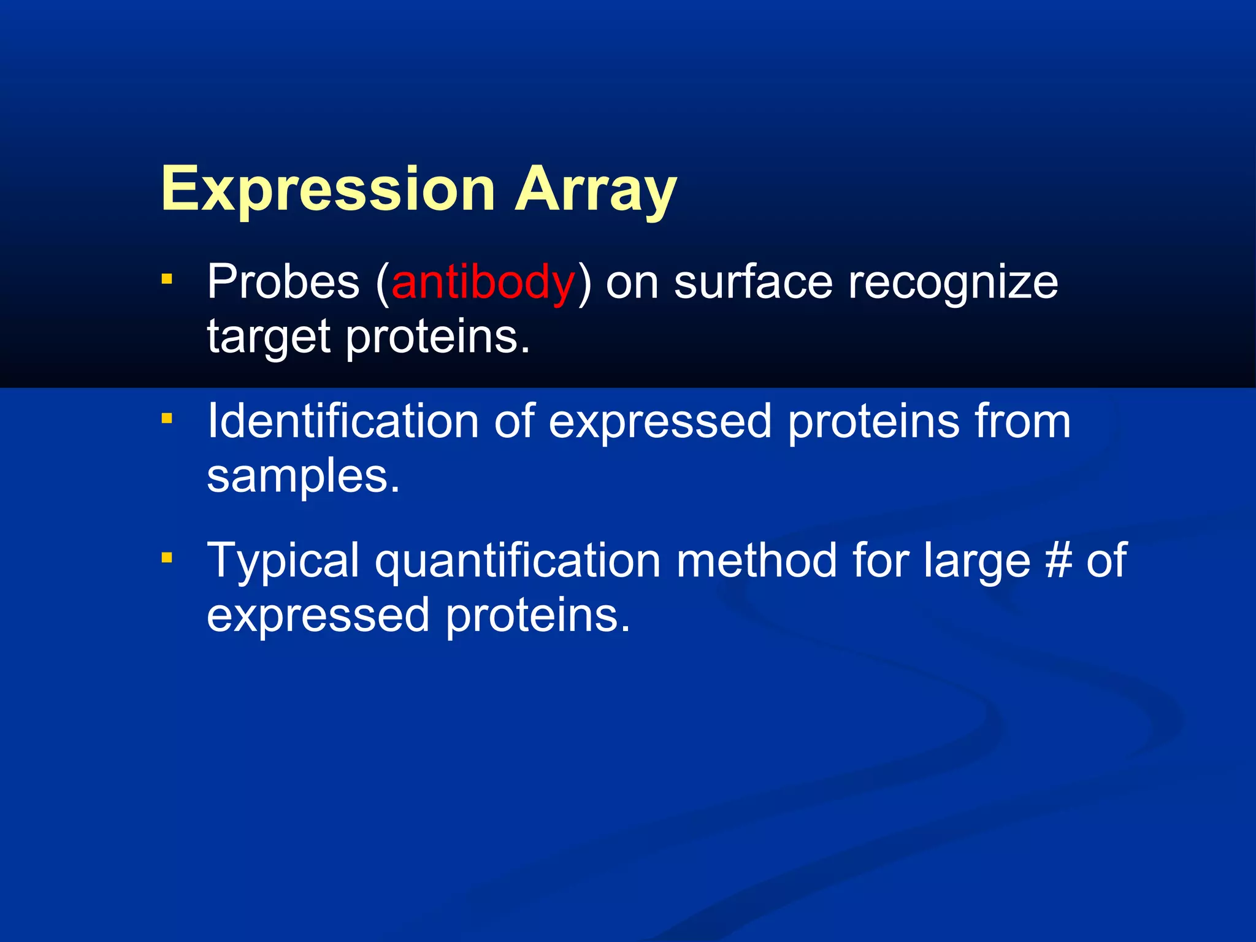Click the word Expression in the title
click(x=327, y=190)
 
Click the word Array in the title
click(x=595, y=190)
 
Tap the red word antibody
click(x=483, y=283)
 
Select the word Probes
click(x=283, y=283)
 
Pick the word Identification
click(x=342, y=422)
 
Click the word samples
click(x=303, y=477)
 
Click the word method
click(x=756, y=561)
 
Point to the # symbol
click(x=1058, y=561)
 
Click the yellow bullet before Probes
click(x=167, y=280)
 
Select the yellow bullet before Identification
click(x=167, y=419)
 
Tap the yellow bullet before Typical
click(x=167, y=558)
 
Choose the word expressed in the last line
click(x=318, y=617)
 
